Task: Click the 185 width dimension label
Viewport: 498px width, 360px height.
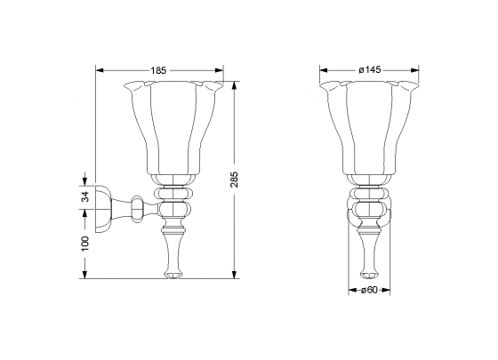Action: (158, 70)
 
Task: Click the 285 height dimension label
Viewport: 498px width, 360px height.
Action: (234, 180)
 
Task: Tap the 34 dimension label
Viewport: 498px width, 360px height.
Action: (84, 196)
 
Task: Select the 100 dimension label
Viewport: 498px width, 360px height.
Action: (84, 244)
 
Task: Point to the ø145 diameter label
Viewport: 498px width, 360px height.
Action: (370, 70)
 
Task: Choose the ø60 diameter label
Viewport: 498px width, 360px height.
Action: (369, 290)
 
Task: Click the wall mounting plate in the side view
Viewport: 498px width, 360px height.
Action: (103, 209)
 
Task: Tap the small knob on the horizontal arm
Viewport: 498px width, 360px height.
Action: (138, 209)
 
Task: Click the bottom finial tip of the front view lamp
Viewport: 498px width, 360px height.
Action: (369, 275)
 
